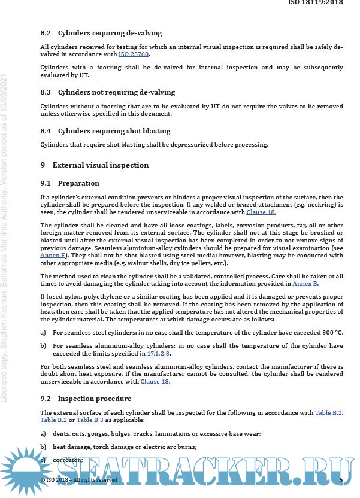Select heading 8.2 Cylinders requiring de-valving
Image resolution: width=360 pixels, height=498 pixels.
click(x=101, y=33)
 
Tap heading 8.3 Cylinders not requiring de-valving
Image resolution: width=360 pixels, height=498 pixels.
click(x=107, y=92)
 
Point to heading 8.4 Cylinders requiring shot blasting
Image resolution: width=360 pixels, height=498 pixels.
click(x=105, y=130)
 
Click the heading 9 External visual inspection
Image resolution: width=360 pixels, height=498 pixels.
click(x=95, y=165)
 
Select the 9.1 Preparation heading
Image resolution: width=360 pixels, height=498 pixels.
click(x=69, y=183)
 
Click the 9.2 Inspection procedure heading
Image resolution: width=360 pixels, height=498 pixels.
click(x=86, y=398)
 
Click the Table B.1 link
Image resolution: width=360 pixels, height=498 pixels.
click(x=329, y=412)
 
